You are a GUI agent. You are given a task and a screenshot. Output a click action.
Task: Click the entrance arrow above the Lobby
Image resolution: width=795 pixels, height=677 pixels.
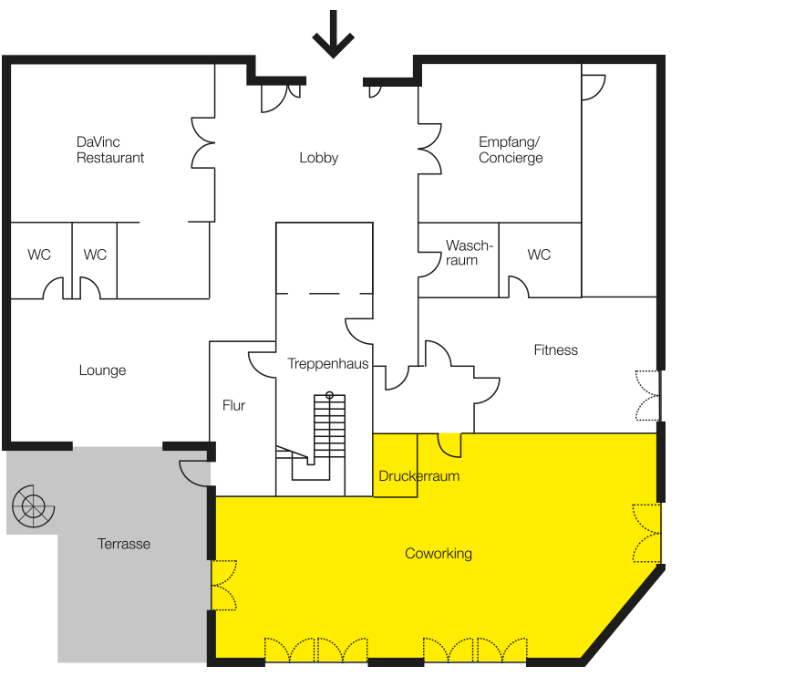tap(333, 34)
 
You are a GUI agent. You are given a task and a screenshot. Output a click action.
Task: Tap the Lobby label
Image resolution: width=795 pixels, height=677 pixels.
tap(318, 158)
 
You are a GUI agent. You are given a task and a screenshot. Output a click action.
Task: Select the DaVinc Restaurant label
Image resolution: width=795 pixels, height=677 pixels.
tap(110, 150)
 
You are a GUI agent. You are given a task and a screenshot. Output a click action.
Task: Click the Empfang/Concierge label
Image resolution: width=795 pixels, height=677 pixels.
tap(511, 150)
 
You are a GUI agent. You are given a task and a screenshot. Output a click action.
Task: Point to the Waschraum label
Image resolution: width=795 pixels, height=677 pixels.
tap(469, 253)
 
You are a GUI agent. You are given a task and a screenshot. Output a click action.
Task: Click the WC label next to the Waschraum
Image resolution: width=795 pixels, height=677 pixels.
tap(539, 255)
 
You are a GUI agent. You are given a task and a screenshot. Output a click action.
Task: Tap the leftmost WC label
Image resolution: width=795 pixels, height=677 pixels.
tap(39, 255)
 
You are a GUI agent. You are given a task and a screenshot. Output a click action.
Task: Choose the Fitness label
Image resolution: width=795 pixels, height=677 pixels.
tap(556, 349)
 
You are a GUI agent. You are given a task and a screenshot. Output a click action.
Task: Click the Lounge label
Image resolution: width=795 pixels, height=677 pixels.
tap(102, 370)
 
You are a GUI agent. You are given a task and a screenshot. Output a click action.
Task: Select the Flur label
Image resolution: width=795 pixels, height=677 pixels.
tap(233, 405)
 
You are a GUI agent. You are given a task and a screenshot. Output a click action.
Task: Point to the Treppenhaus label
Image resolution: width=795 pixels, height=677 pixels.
tap(328, 363)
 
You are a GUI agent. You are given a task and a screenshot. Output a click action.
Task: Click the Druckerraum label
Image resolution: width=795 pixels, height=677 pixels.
tap(419, 476)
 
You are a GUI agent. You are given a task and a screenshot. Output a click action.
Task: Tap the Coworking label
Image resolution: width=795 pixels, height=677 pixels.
tap(439, 553)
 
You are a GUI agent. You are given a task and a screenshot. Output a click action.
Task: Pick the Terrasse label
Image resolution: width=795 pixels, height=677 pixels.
tap(124, 544)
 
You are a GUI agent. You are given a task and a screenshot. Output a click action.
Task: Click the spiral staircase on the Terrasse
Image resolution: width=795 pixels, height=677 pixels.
tap(34, 506)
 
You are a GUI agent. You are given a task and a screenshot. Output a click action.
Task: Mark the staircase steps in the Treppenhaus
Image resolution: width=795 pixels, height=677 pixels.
tap(329, 426)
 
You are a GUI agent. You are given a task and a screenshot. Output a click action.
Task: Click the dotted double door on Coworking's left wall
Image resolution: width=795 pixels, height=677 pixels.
tap(223, 585)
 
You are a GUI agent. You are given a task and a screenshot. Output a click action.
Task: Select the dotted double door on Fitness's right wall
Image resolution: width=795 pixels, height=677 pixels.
tap(648, 395)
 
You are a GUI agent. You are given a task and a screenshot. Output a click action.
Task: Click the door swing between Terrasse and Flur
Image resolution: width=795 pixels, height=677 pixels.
tap(195, 474)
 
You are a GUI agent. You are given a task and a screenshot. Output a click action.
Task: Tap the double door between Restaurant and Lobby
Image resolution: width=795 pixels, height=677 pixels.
tap(202, 143)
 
